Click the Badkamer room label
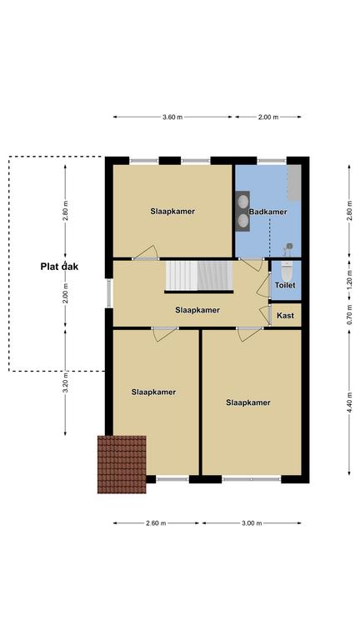(267, 212)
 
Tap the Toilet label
(285, 285)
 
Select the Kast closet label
(285, 316)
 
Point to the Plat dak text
(59, 267)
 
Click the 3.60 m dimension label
(172, 117)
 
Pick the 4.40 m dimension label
(349, 402)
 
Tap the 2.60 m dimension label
(156, 523)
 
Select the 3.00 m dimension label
(252, 523)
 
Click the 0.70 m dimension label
(349, 315)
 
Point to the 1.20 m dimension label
(349, 280)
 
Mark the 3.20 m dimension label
(65, 382)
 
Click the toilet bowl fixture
(287, 271)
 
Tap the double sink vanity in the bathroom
(243, 211)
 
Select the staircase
(199, 277)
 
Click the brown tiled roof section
(122, 464)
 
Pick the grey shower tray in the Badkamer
(294, 182)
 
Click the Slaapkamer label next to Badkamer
(172, 212)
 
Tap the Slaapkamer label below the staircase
(197, 310)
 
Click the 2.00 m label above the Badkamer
(268, 117)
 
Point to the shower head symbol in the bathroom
(289, 247)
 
